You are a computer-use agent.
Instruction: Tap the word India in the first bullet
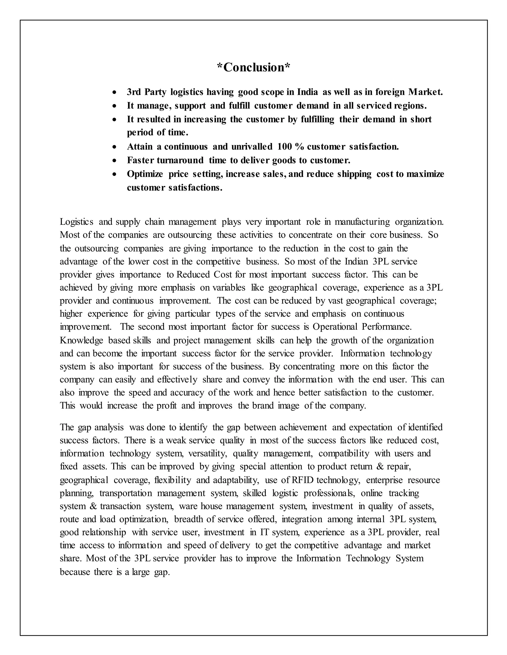(307, 92)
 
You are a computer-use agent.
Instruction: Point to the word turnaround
(180, 160)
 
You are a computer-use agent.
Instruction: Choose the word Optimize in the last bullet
(145, 174)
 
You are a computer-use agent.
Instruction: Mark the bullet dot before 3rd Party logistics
(114, 92)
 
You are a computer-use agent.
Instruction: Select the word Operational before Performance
(335, 327)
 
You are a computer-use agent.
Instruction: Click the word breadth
(190, 519)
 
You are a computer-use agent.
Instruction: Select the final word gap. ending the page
(162, 572)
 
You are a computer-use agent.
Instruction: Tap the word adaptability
(236, 480)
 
